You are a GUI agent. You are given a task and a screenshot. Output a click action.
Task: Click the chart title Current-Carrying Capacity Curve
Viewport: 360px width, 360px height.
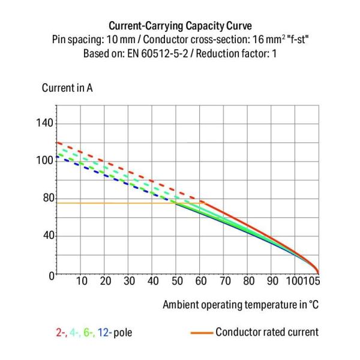180,26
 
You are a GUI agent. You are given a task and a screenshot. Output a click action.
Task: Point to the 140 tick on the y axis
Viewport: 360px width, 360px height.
46,124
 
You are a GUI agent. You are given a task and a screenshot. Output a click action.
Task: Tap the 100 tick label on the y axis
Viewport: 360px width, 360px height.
46,161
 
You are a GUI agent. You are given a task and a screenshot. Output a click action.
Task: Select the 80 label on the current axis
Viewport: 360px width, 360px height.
46,199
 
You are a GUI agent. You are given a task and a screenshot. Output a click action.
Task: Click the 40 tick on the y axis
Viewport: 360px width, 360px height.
46,236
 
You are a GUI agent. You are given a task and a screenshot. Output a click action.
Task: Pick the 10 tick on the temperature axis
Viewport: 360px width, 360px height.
82,281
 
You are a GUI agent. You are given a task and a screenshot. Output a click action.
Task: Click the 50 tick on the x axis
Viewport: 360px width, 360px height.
177,281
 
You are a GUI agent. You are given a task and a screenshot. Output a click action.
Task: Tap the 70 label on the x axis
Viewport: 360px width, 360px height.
225,281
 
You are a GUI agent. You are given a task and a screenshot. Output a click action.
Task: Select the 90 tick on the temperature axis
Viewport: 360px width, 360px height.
272,281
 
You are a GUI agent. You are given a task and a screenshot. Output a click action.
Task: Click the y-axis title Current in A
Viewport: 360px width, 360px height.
67,88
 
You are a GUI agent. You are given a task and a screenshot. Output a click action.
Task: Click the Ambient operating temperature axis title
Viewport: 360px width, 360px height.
241,305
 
